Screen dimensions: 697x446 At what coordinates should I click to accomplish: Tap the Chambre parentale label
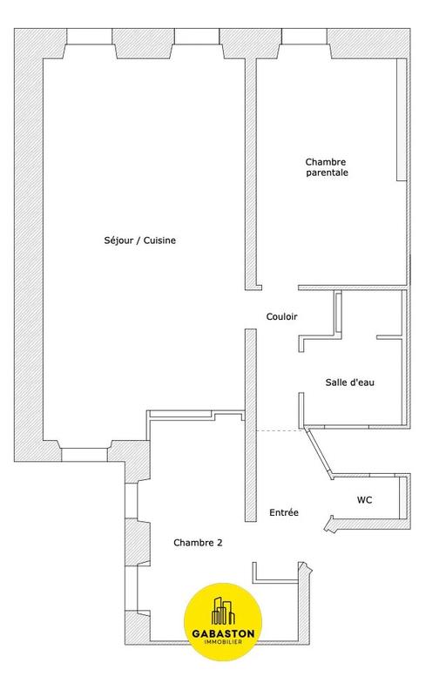point(327,167)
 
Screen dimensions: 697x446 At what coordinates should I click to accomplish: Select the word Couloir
point(281,317)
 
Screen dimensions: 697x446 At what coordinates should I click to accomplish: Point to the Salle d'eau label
point(350,382)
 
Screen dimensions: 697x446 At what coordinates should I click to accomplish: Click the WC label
point(366,501)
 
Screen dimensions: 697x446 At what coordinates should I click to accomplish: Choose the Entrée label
point(284,513)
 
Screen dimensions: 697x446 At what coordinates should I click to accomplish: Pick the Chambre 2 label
point(198,542)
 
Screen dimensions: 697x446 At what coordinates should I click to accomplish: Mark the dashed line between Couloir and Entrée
point(279,430)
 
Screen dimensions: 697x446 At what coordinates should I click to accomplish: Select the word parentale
point(327,173)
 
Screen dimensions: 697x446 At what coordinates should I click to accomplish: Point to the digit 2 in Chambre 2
point(220,542)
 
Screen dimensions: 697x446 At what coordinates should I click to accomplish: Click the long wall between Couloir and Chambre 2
point(250,427)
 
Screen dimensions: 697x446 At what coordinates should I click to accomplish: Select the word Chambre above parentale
point(327,161)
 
